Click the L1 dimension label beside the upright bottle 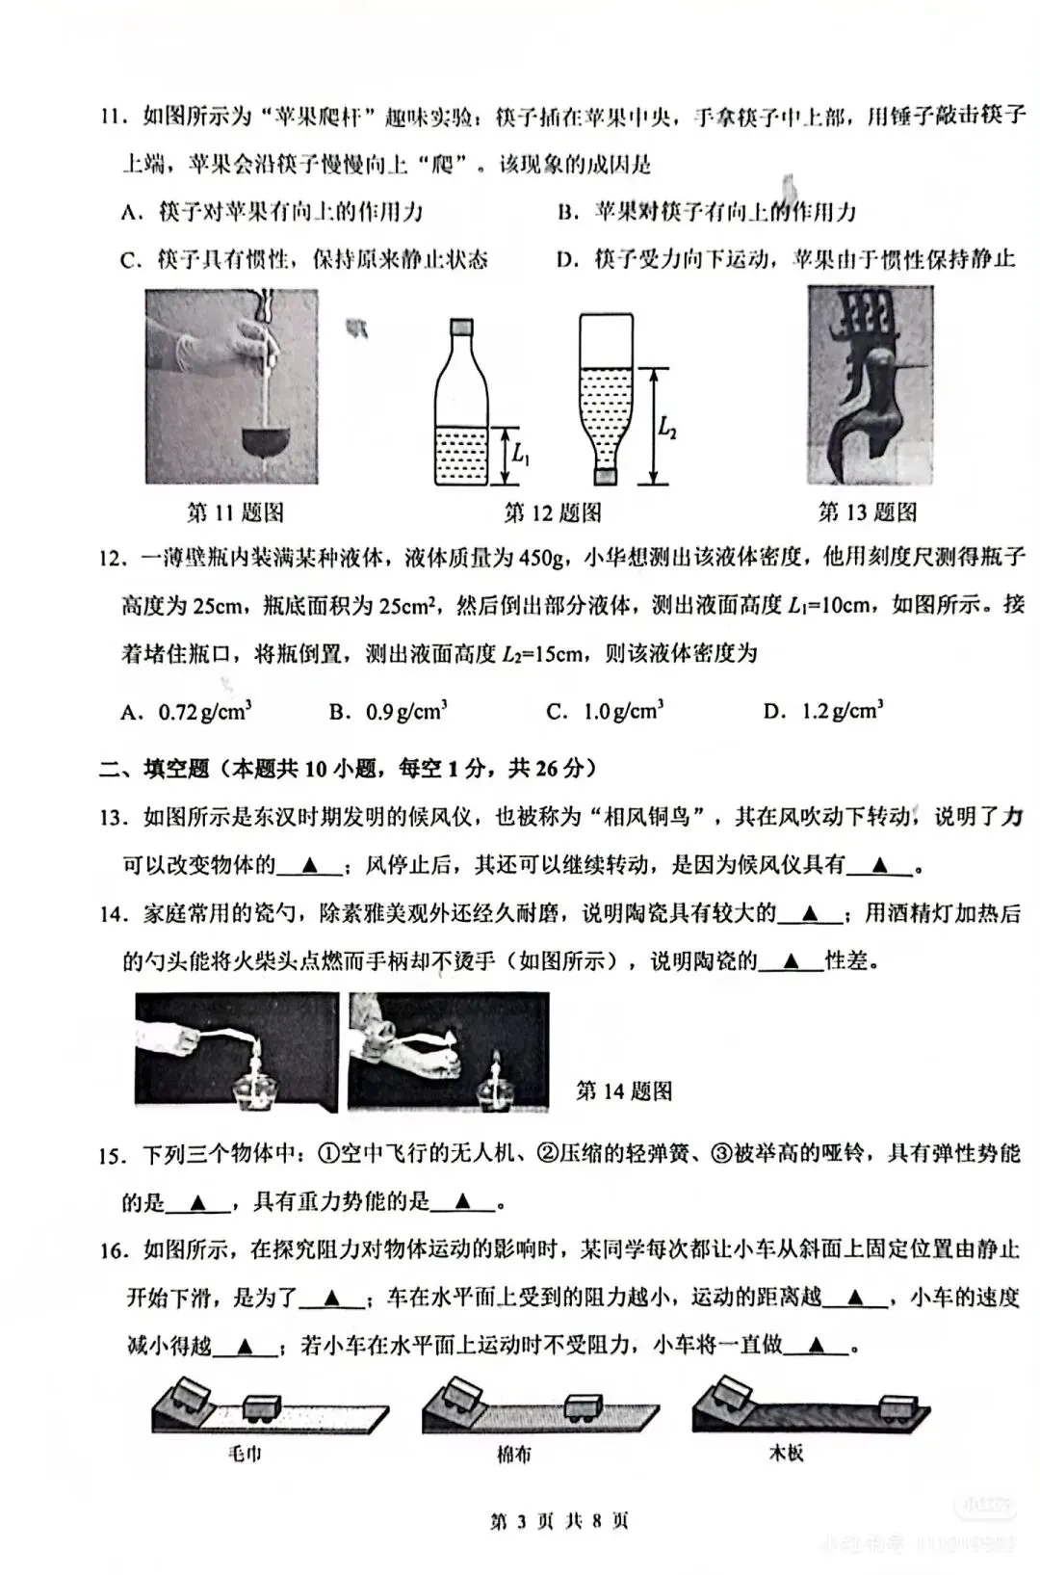(521, 452)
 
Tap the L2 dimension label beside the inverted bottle (667, 427)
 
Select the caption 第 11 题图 (235, 512)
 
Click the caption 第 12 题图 (553, 512)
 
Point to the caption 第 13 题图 (867, 512)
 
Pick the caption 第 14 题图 (624, 1091)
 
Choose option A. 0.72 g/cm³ (187, 712)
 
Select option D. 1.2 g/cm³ (823, 712)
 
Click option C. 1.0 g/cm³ (605, 712)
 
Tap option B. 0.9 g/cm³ (388, 712)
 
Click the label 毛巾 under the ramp (245, 1454)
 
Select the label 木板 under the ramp (786, 1454)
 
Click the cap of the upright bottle (461, 327)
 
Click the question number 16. (113, 1251)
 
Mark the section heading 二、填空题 (154, 769)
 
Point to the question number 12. (113, 558)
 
